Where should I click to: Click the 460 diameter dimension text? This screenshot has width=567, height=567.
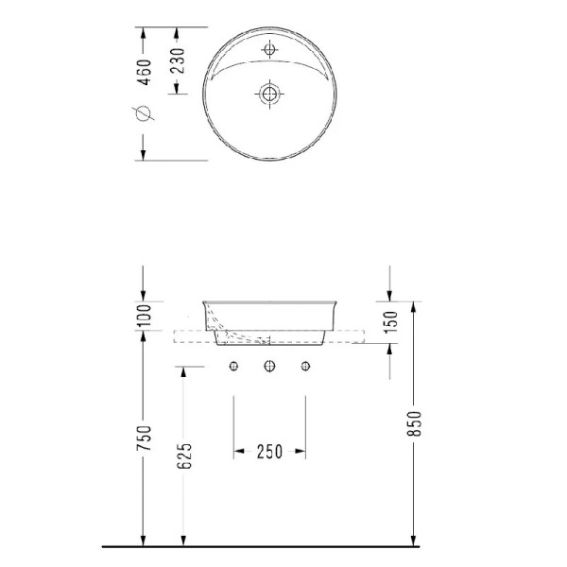coord(144,73)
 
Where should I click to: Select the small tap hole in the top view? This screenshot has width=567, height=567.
coord(270,48)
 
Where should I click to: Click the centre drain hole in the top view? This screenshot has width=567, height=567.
coord(270,94)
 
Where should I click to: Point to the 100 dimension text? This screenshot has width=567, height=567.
coord(144,315)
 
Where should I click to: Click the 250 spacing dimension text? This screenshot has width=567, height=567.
coord(270,452)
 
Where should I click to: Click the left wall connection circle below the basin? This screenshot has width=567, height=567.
coord(233,366)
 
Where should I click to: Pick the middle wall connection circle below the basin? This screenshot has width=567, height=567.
coord(269,366)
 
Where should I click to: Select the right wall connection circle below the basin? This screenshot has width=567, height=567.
coord(305,366)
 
